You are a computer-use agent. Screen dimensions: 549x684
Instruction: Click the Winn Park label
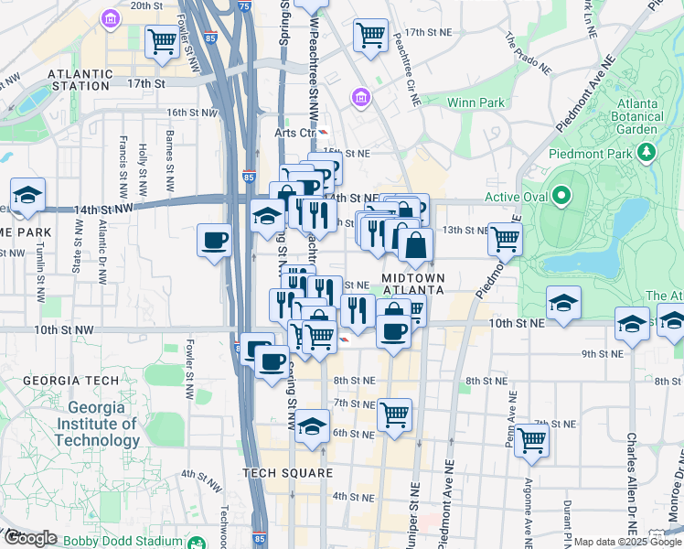(x=475, y=102)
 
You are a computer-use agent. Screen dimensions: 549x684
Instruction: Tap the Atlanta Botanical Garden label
(x=625, y=115)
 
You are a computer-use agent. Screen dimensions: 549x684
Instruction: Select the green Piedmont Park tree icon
(x=648, y=152)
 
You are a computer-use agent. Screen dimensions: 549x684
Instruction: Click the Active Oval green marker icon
(x=562, y=196)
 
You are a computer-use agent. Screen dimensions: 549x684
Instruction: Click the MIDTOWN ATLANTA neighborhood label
(x=412, y=284)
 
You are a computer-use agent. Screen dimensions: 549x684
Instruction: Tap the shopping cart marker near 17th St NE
(x=371, y=36)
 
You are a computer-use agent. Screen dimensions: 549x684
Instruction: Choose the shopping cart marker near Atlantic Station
(x=162, y=40)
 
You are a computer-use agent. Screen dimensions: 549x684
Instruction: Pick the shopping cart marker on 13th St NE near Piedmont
(x=505, y=239)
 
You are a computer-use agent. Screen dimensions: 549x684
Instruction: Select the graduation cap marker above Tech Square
(x=312, y=426)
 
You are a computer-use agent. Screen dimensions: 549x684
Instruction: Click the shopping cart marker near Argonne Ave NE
(x=531, y=441)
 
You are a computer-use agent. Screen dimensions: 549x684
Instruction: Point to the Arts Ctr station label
(x=288, y=133)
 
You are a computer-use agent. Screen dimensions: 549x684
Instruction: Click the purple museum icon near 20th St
(x=110, y=18)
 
